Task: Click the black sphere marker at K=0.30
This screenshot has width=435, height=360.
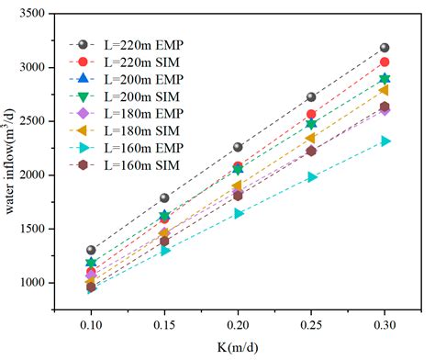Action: tap(385, 48)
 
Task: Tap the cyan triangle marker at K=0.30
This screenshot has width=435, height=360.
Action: tap(385, 141)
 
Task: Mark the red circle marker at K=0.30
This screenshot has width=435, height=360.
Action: tap(385, 62)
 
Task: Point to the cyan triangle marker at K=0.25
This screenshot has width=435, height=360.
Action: tap(312, 176)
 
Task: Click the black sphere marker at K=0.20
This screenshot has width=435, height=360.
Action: tap(238, 147)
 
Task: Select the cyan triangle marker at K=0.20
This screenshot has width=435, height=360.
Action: tap(239, 213)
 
